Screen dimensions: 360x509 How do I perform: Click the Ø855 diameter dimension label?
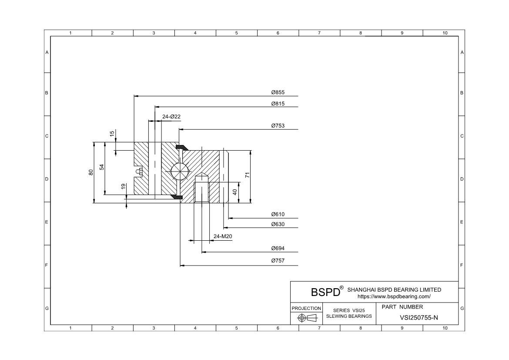[278, 92]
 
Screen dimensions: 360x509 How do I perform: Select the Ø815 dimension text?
[278, 104]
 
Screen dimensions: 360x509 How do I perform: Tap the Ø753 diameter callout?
[278, 126]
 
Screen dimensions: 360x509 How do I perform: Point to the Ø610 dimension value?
[278, 214]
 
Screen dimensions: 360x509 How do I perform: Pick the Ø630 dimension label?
[278, 224]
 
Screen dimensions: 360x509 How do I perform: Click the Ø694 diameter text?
[278, 249]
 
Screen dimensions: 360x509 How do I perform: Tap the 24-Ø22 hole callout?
[171, 117]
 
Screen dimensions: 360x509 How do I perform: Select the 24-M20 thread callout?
[223, 236]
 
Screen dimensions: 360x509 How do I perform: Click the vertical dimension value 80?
[91, 172]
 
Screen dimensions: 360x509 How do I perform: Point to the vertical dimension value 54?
[102, 167]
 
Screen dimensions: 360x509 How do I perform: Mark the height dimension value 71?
[247, 175]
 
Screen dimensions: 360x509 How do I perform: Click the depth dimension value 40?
[235, 192]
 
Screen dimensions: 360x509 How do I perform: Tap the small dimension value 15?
[112, 134]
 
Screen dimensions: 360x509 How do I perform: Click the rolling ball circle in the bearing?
[179, 170]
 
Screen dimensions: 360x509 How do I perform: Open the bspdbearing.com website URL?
[394, 296]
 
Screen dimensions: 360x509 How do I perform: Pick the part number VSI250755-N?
[419, 318]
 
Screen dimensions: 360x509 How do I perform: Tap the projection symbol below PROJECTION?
[306, 318]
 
